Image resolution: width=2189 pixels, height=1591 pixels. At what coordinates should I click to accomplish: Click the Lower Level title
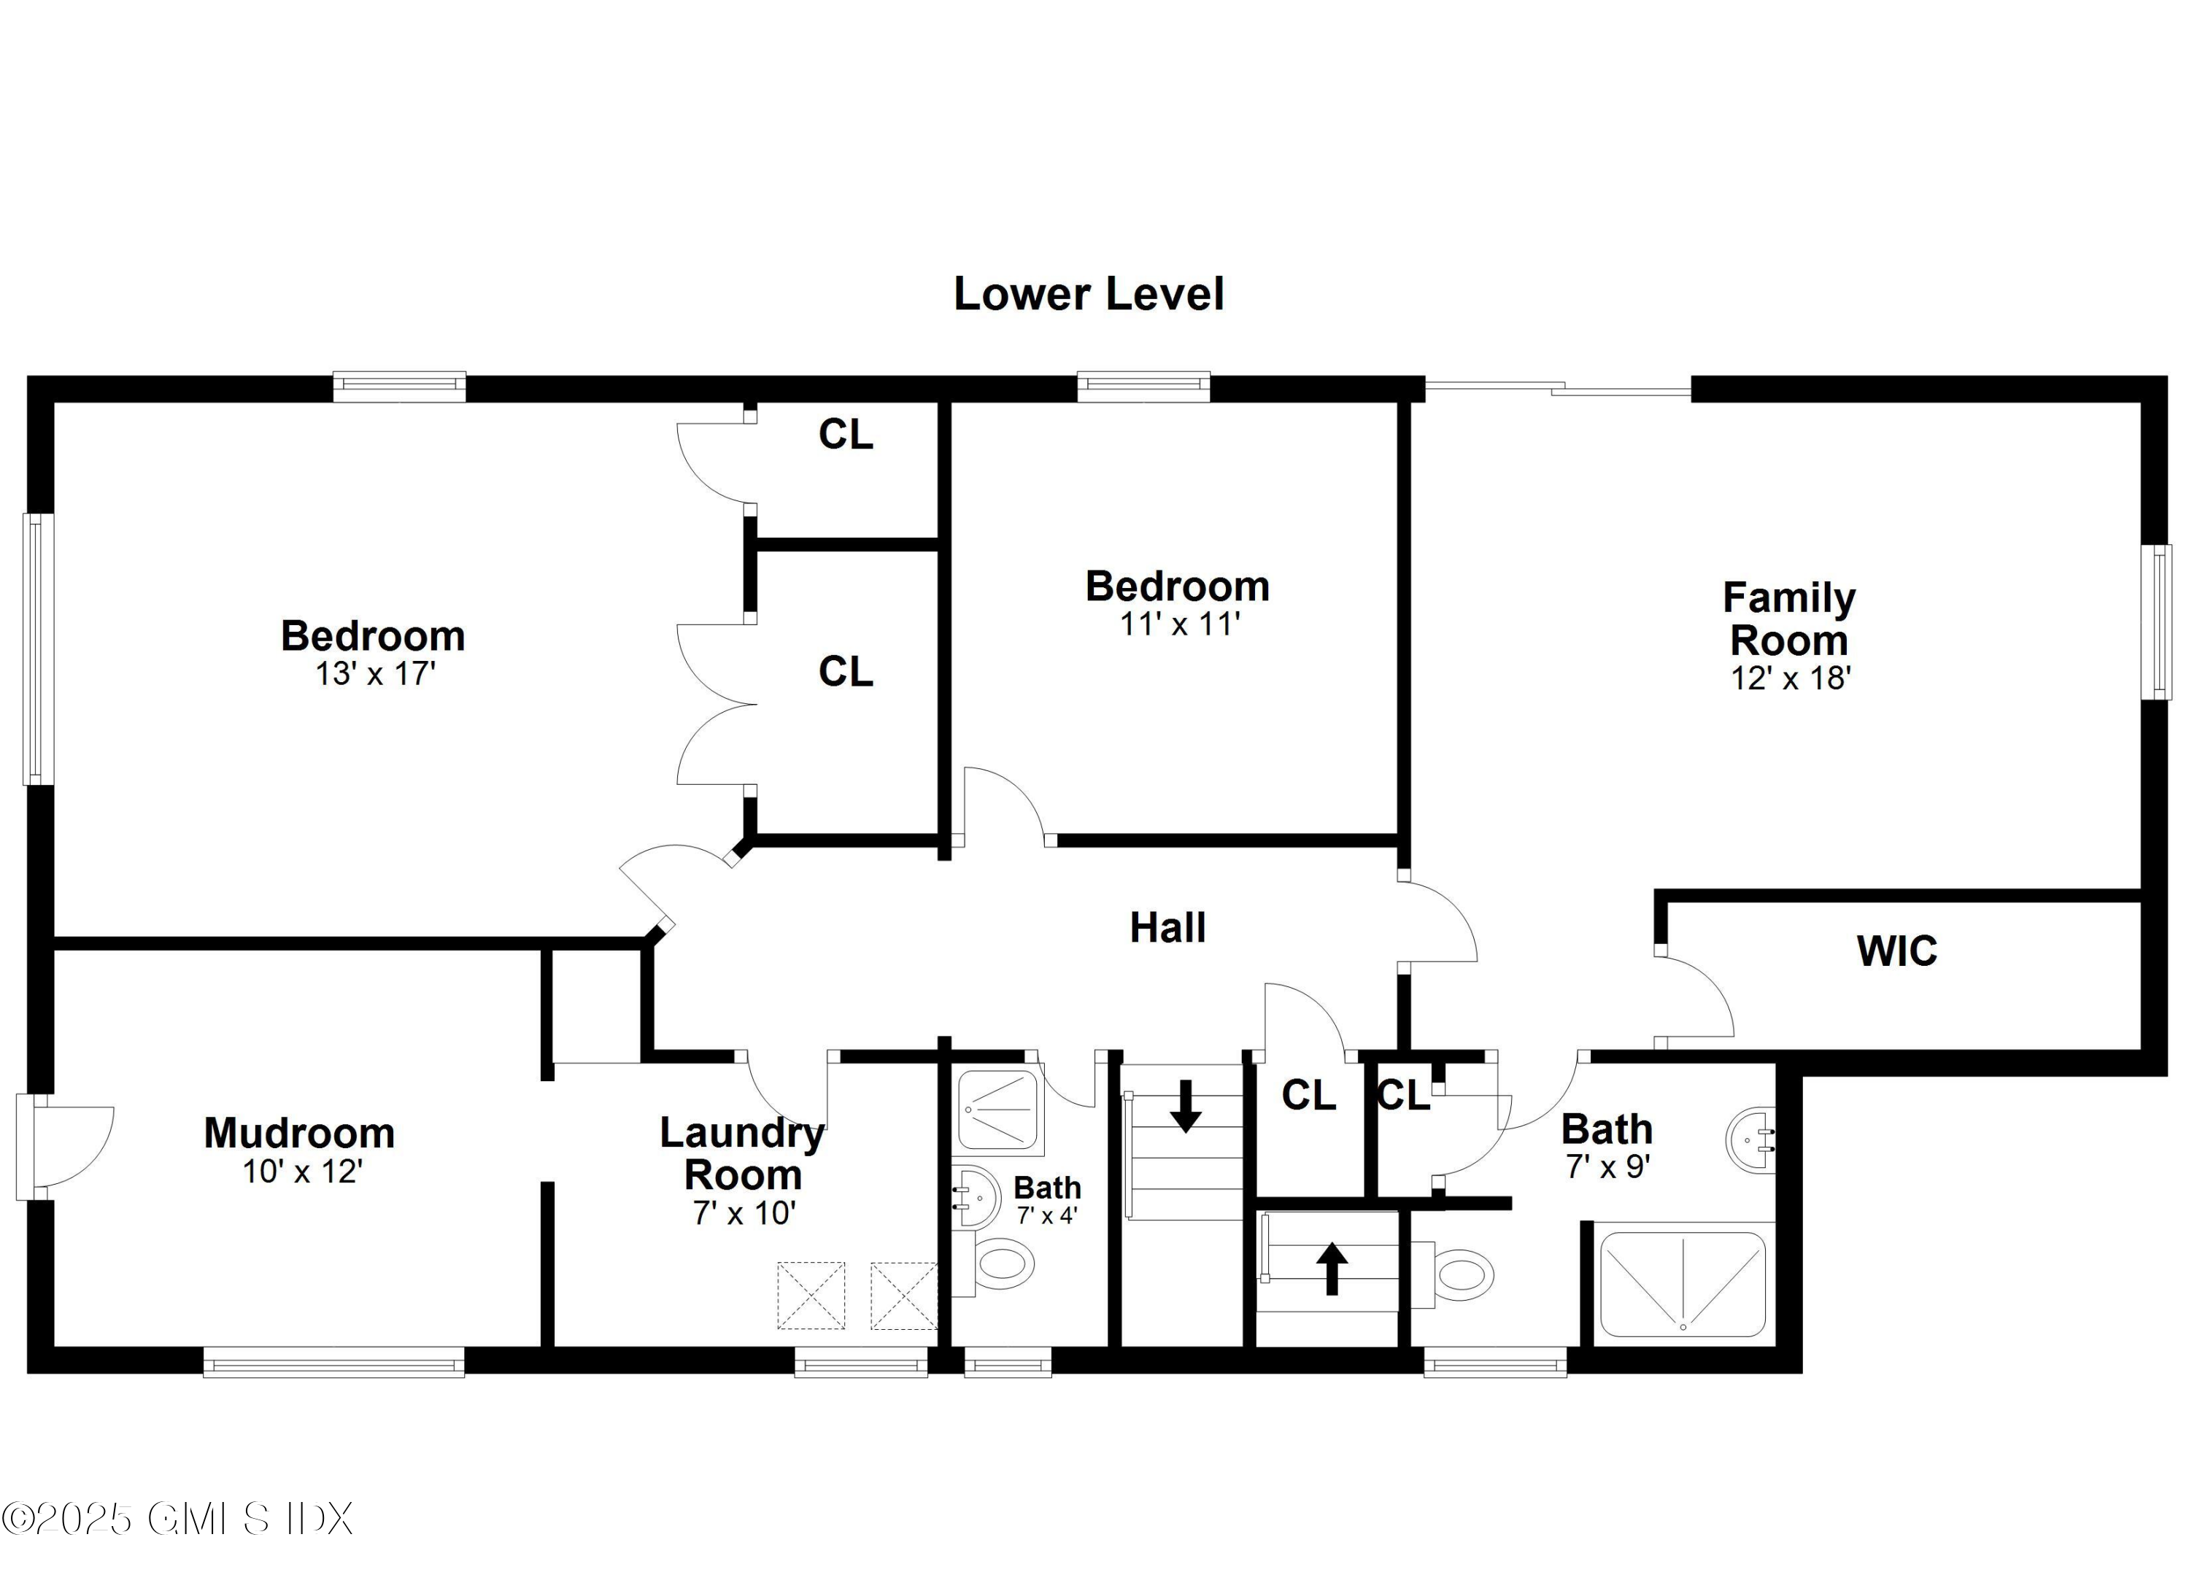[1088, 294]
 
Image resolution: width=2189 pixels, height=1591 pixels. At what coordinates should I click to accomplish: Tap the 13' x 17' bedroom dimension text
[376, 673]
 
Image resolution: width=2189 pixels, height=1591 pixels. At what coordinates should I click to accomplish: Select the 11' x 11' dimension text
[1178, 624]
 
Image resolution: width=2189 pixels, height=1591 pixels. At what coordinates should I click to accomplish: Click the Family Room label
[1788, 619]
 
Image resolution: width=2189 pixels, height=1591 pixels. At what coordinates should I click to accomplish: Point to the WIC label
[1896, 951]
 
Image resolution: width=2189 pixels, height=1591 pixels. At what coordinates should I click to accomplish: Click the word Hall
[1167, 928]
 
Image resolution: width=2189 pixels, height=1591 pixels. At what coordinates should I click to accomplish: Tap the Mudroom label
[299, 1133]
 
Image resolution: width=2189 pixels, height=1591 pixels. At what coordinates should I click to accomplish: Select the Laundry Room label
[742, 1153]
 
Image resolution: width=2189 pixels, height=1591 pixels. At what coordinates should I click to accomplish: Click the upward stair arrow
[1332, 1268]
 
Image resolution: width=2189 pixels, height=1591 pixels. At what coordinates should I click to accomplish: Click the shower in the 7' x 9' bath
[1683, 1284]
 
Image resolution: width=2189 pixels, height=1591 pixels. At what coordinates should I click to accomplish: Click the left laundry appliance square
[811, 1296]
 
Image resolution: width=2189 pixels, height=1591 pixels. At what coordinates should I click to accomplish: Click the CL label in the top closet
[846, 436]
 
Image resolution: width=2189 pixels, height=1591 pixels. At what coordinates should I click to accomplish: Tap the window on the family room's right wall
[2156, 622]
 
